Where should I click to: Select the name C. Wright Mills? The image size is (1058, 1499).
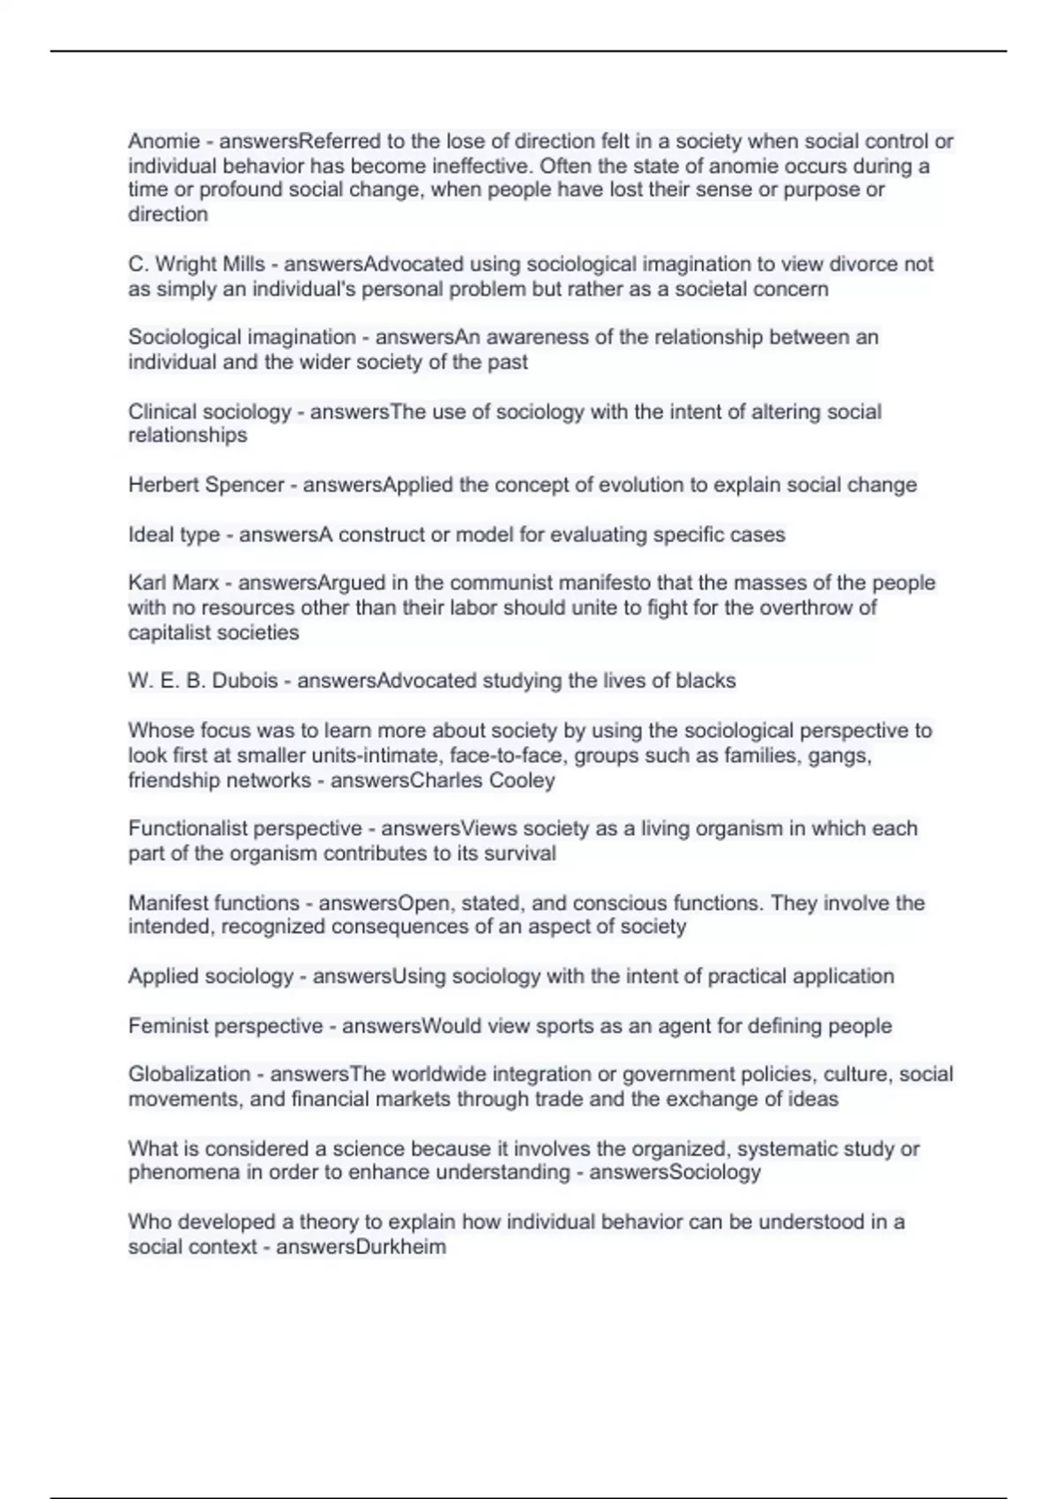[197, 264]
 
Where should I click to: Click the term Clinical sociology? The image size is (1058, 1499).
[210, 412]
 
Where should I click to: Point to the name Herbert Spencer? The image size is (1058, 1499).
[206, 485]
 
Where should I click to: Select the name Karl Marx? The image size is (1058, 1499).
[174, 583]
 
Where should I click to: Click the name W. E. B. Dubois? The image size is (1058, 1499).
[203, 681]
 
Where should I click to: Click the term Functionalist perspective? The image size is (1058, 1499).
[245, 829]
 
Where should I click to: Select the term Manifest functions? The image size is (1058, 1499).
[214, 903]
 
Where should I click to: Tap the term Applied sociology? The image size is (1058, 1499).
[211, 976]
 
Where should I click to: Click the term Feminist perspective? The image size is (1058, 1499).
[226, 1025]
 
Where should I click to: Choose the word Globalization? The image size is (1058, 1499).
[190, 1074]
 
